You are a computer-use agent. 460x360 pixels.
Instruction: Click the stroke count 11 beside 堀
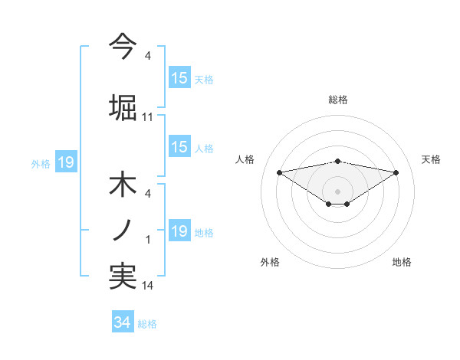pyautogui.click(x=148, y=117)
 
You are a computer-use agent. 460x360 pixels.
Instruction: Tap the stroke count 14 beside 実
pyautogui.click(x=148, y=286)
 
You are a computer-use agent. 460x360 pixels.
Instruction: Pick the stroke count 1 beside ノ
pyautogui.click(x=148, y=241)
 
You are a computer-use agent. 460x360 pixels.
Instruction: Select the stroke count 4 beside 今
pyautogui.click(x=148, y=56)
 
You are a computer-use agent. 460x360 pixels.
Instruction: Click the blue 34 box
pyautogui.click(x=122, y=322)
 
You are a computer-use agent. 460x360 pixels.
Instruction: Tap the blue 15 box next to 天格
pyautogui.click(x=179, y=77)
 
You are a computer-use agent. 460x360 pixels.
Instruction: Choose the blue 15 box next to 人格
pyautogui.click(x=179, y=147)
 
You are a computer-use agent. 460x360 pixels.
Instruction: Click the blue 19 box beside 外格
pyautogui.click(x=65, y=162)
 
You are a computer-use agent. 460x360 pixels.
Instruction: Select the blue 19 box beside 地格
pyautogui.click(x=179, y=231)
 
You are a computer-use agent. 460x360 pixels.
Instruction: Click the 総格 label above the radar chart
pyautogui.click(x=337, y=100)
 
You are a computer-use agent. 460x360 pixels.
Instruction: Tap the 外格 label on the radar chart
pyautogui.click(x=270, y=262)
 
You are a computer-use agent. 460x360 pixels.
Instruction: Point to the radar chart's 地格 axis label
pyautogui.click(x=402, y=262)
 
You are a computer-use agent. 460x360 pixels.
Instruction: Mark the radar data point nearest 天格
pyautogui.click(x=396, y=172)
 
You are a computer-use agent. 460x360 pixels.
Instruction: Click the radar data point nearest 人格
pyautogui.click(x=279, y=172)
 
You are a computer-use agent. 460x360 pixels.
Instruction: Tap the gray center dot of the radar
pyautogui.click(x=337, y=191)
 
